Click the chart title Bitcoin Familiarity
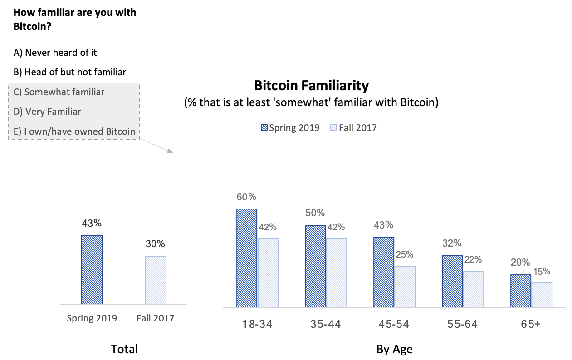[311, 86]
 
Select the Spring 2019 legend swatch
[264, 128]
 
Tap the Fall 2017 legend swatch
[334, 128]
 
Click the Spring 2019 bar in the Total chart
[92, 270]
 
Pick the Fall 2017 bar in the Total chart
[156, 280]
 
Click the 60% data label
[246, 197]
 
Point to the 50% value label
[315, 213]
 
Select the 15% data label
[542, 272]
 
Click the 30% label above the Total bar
[155, 243]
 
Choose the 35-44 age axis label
[325, 324]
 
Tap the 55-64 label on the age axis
[463, 324]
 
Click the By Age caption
[394, 349]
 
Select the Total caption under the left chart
[124, 349]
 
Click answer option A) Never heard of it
[55, 53]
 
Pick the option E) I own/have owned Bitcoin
[74, 131]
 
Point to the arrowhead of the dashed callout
[170, 151]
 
